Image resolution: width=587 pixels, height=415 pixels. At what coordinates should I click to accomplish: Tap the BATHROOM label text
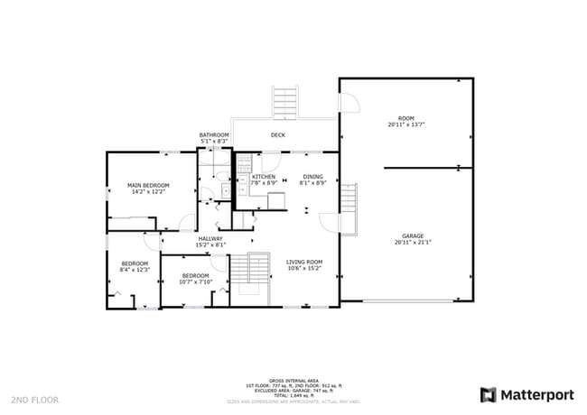pos(214,134)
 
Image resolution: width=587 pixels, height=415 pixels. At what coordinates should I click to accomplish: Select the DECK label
pos(278,135)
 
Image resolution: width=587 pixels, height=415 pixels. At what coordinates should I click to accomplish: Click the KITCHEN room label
pos(263,177)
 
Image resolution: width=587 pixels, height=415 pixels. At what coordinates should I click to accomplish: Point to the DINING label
pos(312,177)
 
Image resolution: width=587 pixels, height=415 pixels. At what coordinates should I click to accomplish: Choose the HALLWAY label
pos(210,238)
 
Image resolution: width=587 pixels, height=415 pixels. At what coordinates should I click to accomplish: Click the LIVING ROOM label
pos(303,262)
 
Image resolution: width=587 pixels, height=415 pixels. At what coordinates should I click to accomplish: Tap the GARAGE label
pos(412,235)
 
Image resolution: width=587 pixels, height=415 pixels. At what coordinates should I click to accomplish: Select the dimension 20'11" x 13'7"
pos(405,124)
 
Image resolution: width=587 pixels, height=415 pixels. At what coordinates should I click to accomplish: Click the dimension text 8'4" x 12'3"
pos(134,269)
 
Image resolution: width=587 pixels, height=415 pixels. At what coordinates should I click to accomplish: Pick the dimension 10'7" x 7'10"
pos(195,281)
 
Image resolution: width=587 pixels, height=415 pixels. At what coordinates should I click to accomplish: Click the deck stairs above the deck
pos(285,102)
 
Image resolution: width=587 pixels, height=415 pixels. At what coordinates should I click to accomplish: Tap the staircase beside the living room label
pos(258,270)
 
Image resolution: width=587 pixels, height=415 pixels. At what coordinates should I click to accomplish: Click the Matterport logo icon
pos(488,394)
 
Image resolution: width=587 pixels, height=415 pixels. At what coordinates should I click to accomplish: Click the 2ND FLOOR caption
pos(35,399)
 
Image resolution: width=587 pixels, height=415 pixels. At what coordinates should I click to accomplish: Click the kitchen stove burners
pos(243,163)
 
